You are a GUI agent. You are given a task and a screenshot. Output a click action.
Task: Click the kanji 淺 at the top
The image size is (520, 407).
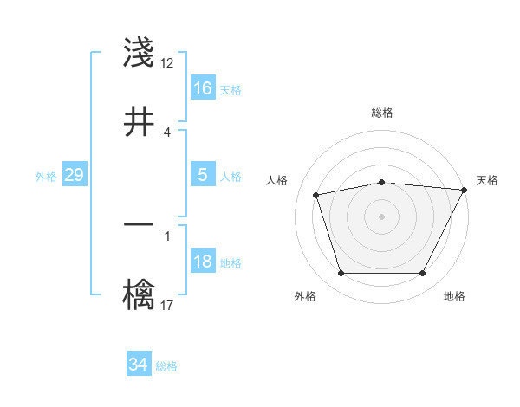[139, 54]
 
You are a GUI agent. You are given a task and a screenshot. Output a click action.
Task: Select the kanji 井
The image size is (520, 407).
[139, 122]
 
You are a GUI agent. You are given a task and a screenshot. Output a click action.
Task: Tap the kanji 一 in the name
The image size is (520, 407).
[139, 225]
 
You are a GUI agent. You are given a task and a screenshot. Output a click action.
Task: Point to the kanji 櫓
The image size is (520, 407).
[139, 294]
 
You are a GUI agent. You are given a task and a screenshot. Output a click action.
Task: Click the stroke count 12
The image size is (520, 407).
[167, 62]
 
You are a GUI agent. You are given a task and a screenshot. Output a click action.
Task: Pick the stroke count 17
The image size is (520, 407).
[167, 305]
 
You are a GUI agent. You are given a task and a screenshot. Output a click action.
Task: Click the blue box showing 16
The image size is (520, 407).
[203, 88]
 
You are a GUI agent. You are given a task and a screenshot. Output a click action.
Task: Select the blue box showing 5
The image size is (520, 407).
[203, 175]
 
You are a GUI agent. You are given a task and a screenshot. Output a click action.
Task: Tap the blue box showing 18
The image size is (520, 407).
[203, 262]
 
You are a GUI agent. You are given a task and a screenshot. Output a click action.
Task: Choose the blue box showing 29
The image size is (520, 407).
[74, 175]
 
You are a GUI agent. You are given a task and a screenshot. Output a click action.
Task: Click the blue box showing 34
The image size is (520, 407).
[139, 365]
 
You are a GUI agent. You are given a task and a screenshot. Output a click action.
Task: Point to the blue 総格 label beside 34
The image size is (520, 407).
[166, 366]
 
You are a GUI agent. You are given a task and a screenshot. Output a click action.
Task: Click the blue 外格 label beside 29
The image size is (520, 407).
[46, 177]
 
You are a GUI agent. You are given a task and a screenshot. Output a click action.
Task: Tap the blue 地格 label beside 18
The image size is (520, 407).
[231, 263]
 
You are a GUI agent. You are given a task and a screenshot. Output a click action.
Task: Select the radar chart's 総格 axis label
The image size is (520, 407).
[381, 113]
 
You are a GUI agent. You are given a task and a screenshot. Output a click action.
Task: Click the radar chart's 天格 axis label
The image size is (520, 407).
[487, 180]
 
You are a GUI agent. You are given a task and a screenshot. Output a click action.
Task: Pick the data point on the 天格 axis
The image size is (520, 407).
[465, 190]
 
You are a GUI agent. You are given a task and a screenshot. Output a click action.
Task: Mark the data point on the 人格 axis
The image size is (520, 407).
[316, 195]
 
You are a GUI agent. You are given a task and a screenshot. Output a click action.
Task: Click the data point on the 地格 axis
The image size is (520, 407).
[422, 274]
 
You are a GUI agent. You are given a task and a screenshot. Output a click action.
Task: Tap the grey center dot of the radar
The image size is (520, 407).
[381, 216]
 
